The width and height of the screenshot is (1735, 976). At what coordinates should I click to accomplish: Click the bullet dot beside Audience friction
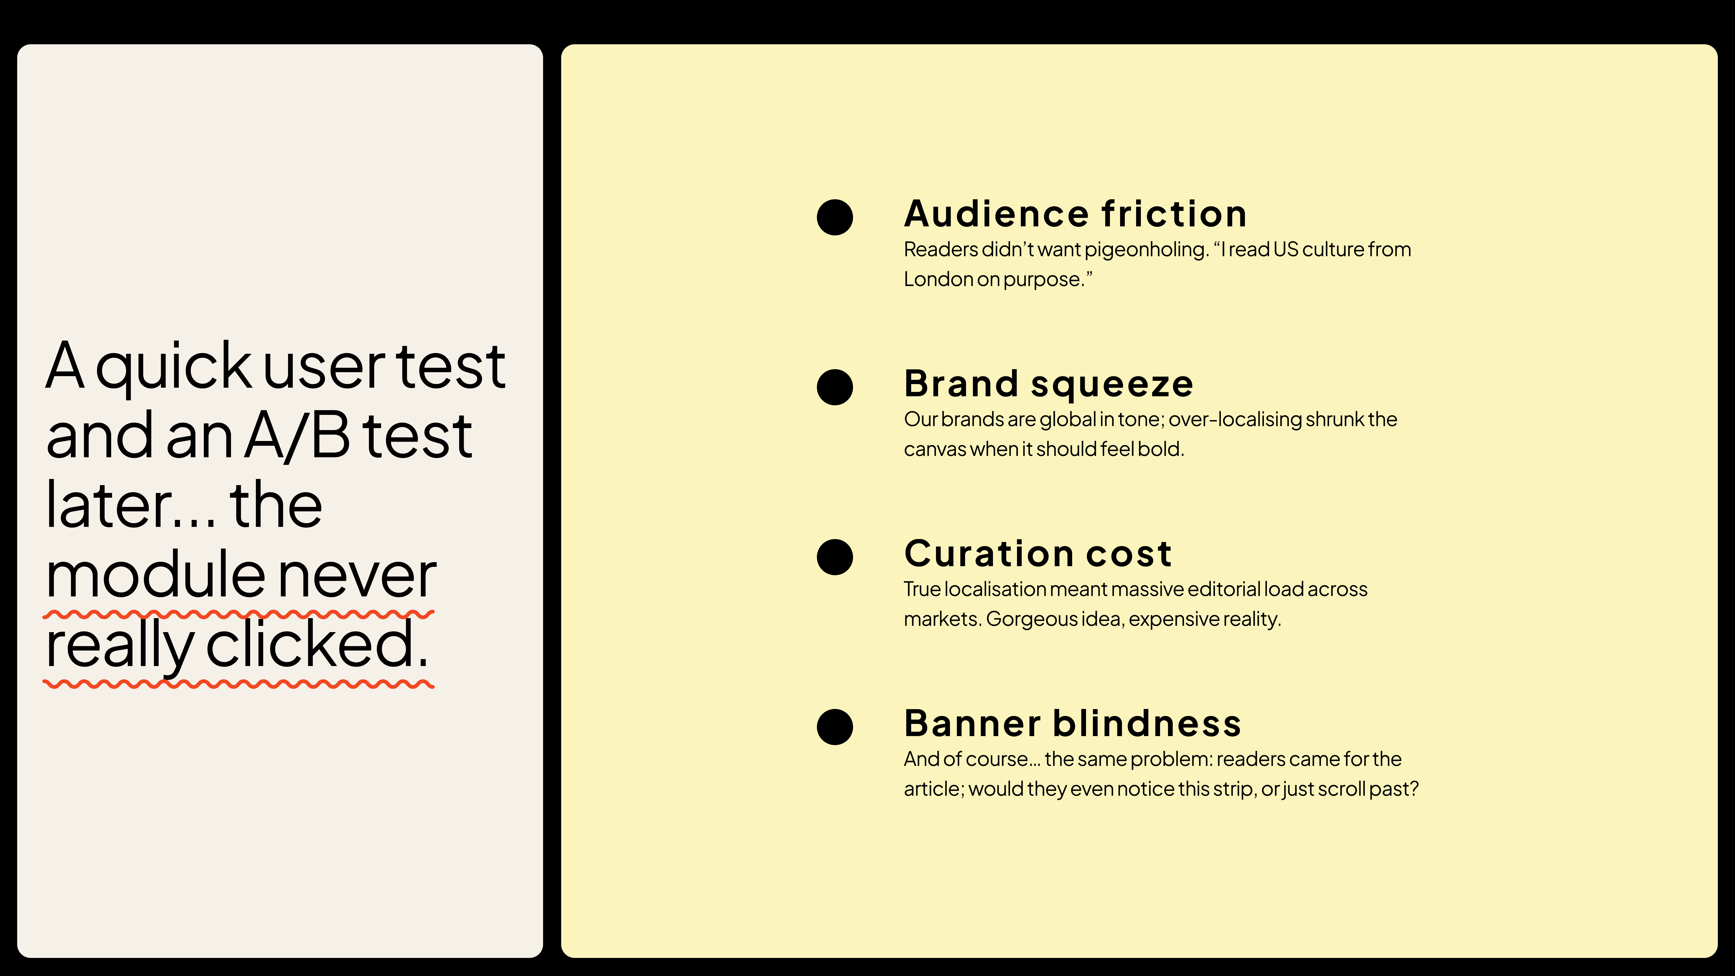835,217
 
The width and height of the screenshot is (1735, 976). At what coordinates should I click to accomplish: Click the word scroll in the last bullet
1340,789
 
